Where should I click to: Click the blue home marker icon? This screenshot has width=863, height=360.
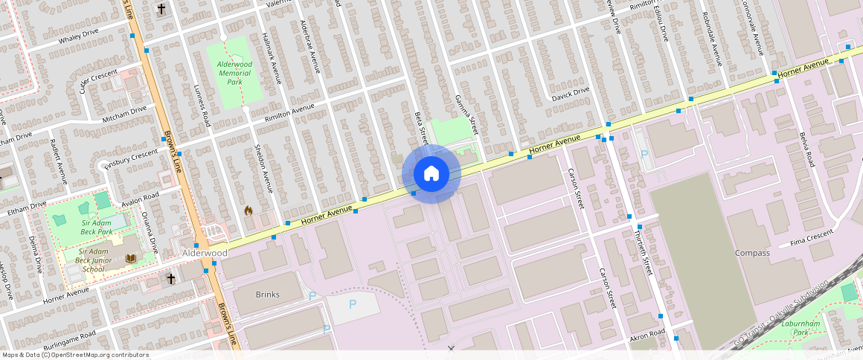431,174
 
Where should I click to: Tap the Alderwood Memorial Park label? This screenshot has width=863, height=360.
234,73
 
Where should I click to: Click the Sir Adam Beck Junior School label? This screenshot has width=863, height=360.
94,260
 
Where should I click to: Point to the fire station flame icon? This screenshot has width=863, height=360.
248,210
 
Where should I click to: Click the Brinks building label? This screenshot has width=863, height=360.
267,295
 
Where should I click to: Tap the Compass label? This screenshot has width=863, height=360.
752,253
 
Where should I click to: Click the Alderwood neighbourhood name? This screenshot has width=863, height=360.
205,253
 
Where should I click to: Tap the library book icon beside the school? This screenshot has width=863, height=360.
132,258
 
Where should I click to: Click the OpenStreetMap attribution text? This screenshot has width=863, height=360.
74,355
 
